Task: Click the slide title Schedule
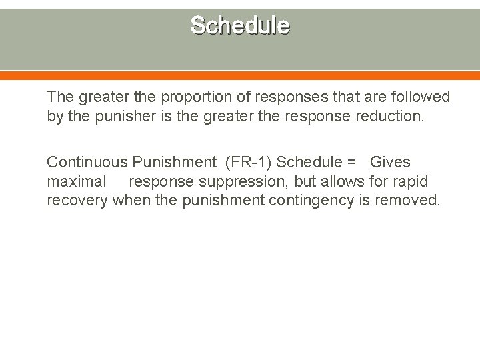[239, 25]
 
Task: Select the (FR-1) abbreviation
[248, 162]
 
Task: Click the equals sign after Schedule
[351, 163]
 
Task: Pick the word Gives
[390, 162]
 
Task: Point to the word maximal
[76, 181]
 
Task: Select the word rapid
[409, 181]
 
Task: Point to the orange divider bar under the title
[240, 75]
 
